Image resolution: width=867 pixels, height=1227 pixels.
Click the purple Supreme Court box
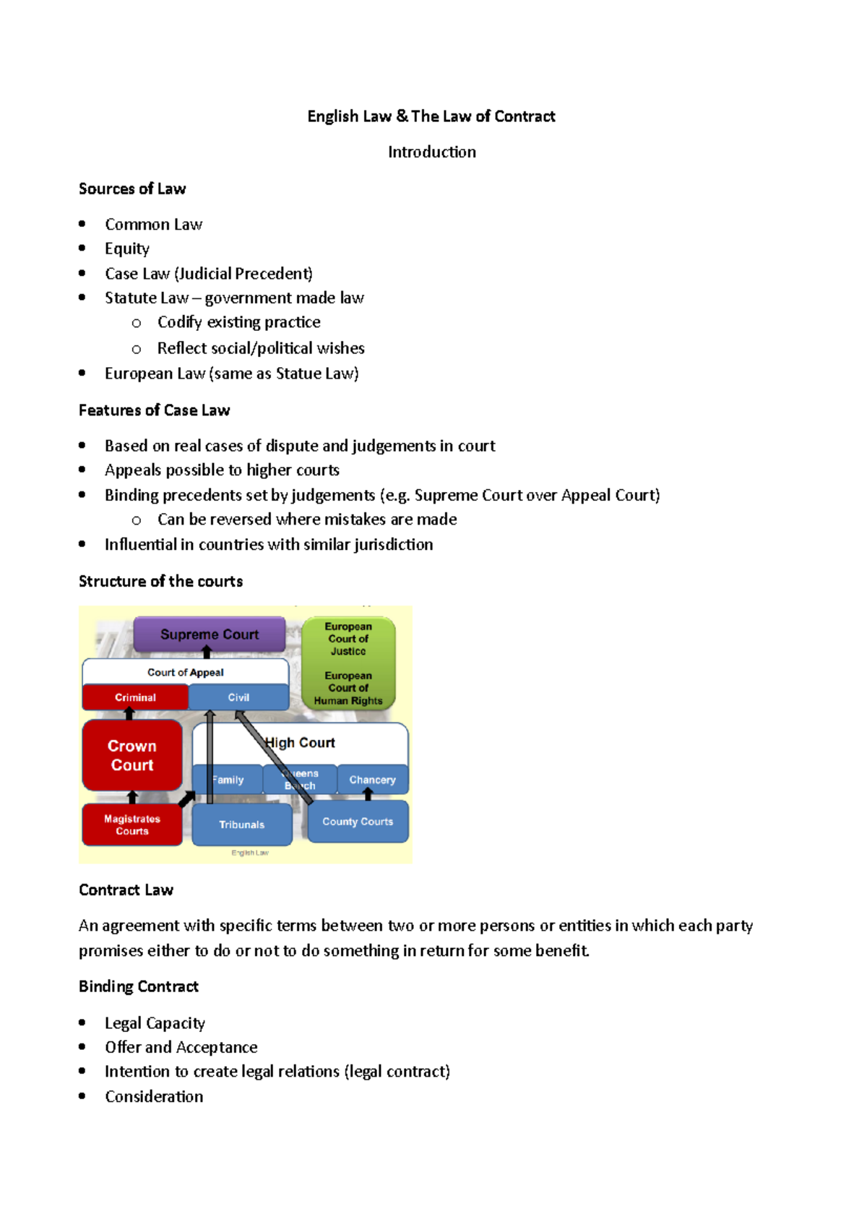pyautogui.click(x=210, y=634)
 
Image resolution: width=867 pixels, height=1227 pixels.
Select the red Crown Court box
pyautogui.click(x=132, y=755)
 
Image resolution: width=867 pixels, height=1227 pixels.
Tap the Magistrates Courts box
pyautogui.click(x=132, y=825)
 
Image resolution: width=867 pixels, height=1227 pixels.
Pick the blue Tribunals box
pyautogui.click(x=242, y=825)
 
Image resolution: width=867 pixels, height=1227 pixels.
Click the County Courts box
pyautogui.click(x=358, y=822)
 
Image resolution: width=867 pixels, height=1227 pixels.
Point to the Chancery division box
pyautogui.click(x=372, y=780)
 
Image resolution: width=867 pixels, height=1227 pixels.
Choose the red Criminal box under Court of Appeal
pyautogui.click(x=135, y=697)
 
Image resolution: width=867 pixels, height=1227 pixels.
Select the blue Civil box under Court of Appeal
pyautogui.click(x=238, y=697)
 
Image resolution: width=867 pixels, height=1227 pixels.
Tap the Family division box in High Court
pyautogui.click(x=228, y=780)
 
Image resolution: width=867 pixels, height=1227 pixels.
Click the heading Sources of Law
pyautogui.click(x=132, y=189)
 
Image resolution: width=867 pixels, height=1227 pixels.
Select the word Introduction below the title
pyautogui.click(x=432, y=152)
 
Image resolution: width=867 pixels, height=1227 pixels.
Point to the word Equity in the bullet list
pyautogui.click(x=127, y=249)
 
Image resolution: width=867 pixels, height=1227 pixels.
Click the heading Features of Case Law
pyautogui.click(x=154, y=410)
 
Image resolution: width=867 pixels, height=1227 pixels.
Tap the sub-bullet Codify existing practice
pyautogui.click(x=239, y=322)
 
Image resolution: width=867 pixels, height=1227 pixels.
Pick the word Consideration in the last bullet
pyautogui.click(x=154, y=1096)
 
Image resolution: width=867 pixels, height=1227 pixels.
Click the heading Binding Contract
pyautogui.click(x=139, y=986)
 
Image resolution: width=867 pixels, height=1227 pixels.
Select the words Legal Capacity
pyautogui.click(x=155, y=1022)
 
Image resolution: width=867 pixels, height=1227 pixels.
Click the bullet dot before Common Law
pyautogui.click(x=82, y=224)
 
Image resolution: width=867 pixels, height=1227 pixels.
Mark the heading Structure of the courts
pyautogui.click(x=160, y=581)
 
